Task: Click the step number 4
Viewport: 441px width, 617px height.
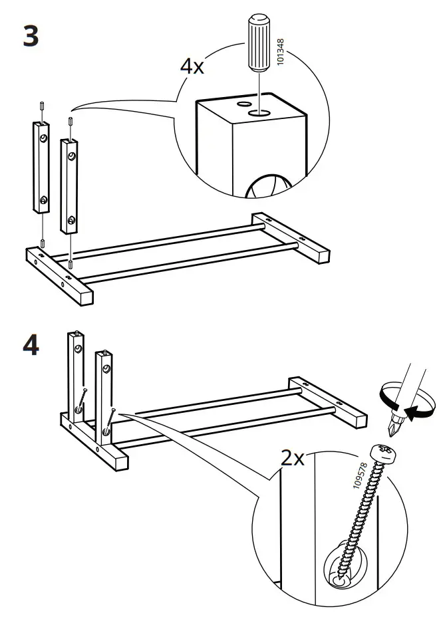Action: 31,346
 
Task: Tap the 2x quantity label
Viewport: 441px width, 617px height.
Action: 292,457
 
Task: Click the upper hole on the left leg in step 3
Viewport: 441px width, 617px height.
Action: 43,138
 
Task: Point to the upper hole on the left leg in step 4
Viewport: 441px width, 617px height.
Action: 78,349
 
